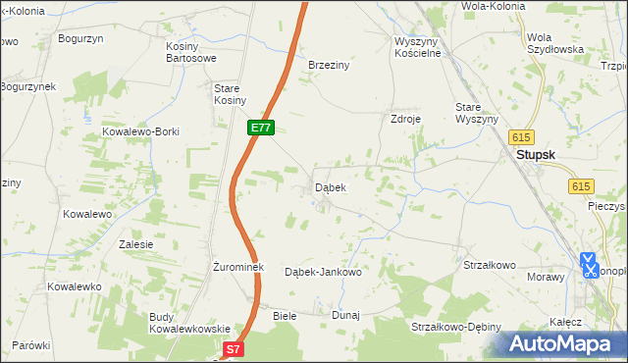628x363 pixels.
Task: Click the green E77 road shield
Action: (x=260, y=129)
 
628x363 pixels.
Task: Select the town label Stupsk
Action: (x=539, y=154)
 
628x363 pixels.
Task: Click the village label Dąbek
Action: (x=330, y=186)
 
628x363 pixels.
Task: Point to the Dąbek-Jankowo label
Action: (x=323, y=272)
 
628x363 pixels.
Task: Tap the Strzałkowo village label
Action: (x=489, y=265)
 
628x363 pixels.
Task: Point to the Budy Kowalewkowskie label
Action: (x=189, y=323)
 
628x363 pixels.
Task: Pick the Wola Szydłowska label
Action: (x=554, y=42)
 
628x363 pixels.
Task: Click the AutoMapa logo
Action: (x=565, y=343)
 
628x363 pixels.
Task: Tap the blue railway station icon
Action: (x=589, y=265)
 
